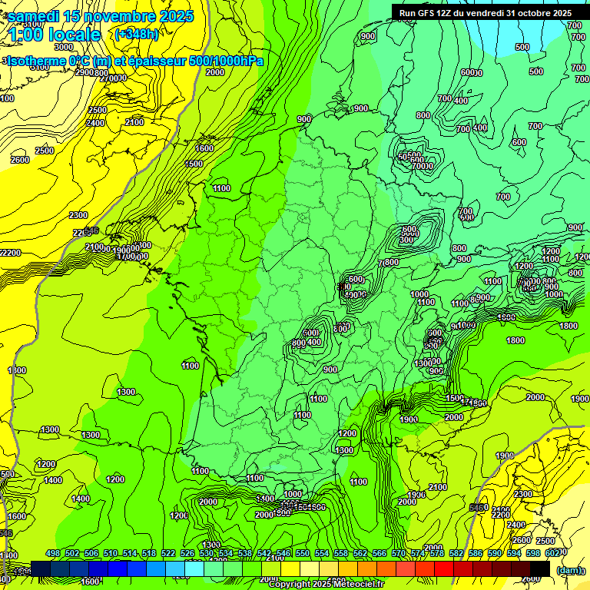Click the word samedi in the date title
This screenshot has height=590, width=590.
[x=32, y=17]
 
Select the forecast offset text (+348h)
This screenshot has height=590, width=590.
[x=136, y=34]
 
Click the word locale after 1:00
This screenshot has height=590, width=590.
[x=74, y=35]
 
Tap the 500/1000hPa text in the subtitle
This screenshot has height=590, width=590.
[x=226, y=61]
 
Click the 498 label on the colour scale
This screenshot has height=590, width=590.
[x=53, y=553]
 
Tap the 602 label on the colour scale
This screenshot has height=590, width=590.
[x=551, y=553]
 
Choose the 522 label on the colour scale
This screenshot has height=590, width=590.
[x=169, y=553]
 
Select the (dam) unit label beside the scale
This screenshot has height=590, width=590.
[x=568, y=569]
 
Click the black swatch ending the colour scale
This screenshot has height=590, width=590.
[x=540, y=569]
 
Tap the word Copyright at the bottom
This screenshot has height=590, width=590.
[x=290, y=585]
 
